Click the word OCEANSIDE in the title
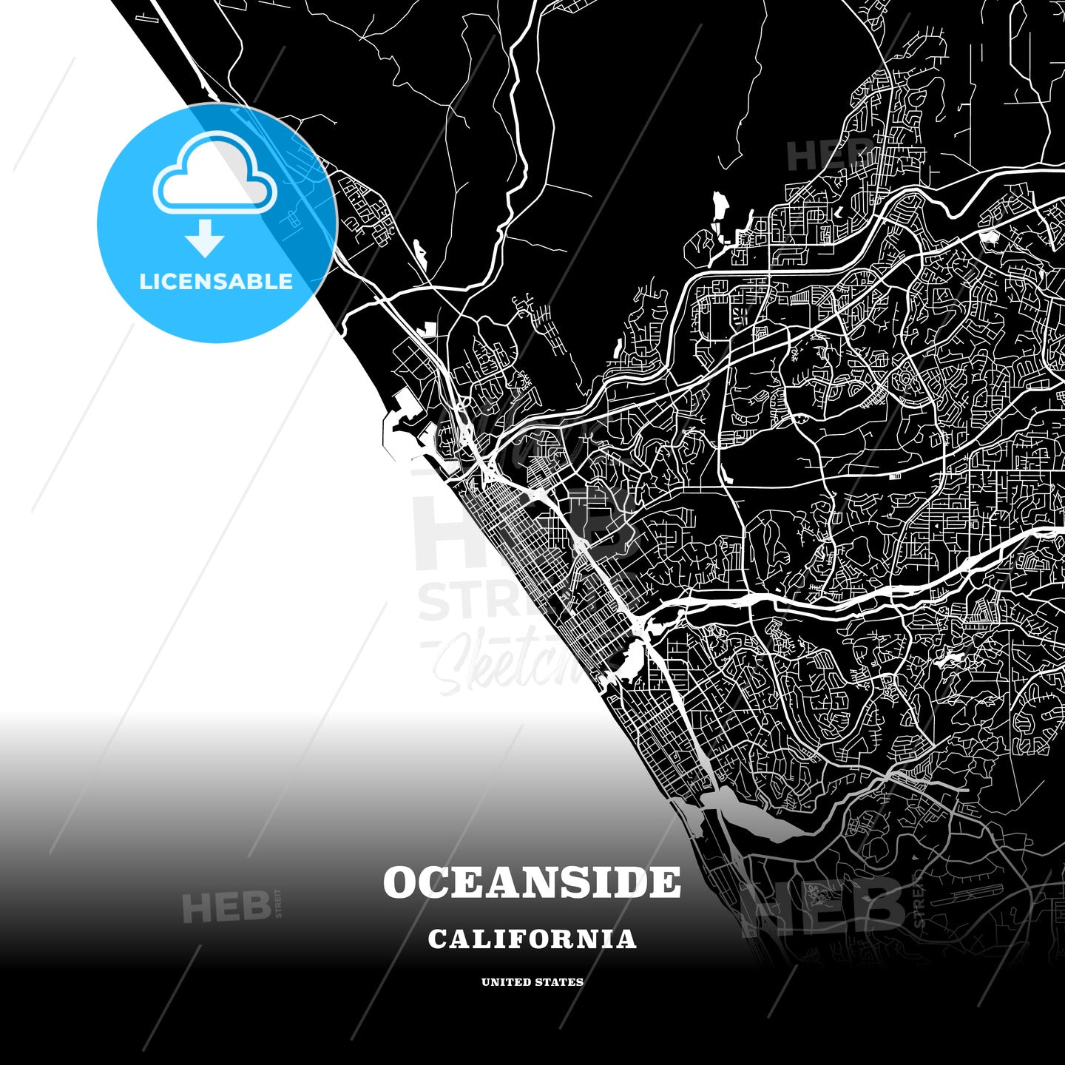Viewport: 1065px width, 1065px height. (x=532, y=882)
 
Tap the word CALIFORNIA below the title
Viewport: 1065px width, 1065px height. (x=532, y=939)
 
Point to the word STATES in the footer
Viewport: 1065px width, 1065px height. (x=561, y=982)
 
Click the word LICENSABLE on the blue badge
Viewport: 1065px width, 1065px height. (x=216, y=282)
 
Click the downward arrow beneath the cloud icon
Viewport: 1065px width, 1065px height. (x=205, y=238)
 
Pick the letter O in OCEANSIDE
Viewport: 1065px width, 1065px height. (x=401, y=882)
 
